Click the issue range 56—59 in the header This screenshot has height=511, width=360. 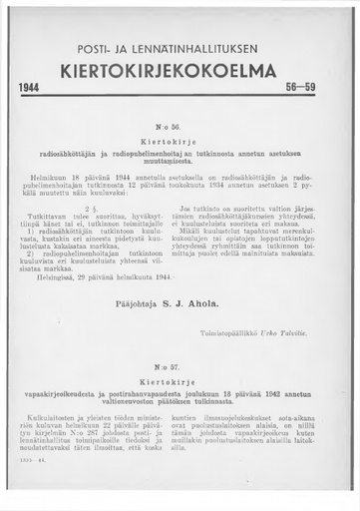point(316,88)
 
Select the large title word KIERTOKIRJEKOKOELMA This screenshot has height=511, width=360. point(180,71)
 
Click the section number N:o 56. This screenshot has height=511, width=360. point(180,130)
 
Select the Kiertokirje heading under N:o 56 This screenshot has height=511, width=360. point(180,142)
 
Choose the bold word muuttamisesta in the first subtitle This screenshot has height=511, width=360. point(180,165)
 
